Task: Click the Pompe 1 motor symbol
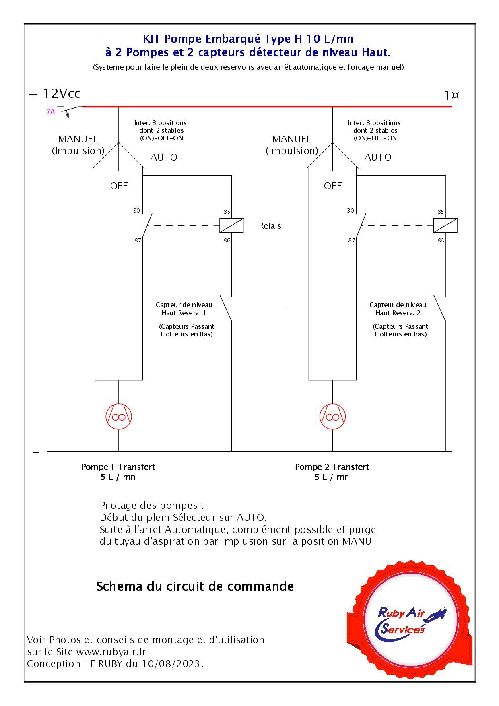[x=119, y=416]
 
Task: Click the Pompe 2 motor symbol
[x=332, y=416]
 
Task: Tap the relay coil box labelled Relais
[x=231, y=225]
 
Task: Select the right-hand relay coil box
[x=445, y=225]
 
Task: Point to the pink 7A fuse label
[x=51, y=112]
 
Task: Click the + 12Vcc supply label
[x=55, y=94]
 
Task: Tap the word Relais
[x=270, y=226]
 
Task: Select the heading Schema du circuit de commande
[x=195, y=586]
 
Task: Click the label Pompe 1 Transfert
[x=118, y=467]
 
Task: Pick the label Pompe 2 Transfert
[x=332, y=467]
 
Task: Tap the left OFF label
[x=119, y=186]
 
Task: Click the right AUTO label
[x=378, y=157]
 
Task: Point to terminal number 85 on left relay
[x=227, y=212]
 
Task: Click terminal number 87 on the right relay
[x=352, y=240]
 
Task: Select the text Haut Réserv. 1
[x=184, y=313]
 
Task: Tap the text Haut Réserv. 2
[x=398, y=313]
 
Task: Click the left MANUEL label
[x=78, y=139]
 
